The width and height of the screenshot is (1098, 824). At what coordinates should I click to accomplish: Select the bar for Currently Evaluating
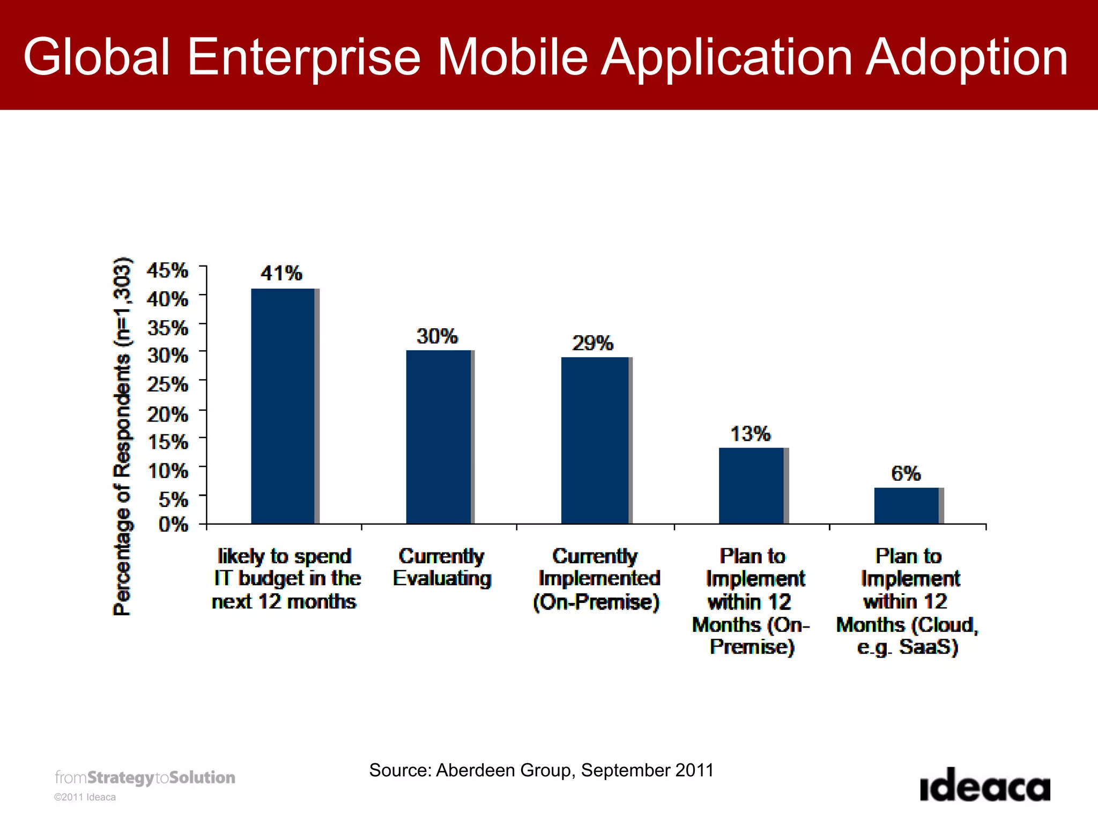(x=439, y=437)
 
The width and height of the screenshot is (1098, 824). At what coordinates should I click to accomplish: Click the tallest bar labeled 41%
(x=283, y=406)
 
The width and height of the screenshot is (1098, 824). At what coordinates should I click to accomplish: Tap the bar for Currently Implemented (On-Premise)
(x=595, y=440)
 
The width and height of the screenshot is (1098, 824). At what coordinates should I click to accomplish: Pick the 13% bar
(x=751, y=485)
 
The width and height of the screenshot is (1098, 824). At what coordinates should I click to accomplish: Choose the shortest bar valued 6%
(x=907, y=505)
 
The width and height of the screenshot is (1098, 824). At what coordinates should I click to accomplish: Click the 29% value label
(x=592, y=343)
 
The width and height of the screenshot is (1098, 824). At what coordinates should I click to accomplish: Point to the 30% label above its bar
(x=437, y=337)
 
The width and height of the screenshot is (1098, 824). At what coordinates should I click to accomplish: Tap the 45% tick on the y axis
(x=168, y=270)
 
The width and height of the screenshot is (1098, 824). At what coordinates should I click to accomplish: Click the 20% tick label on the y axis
(x=168, y=414)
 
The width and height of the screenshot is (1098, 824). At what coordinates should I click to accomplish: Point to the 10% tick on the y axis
(x=168, y=471)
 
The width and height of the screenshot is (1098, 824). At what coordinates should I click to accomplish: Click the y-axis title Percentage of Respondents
(x=122, y=436)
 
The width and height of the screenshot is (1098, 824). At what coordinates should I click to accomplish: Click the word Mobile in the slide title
(x=513, y=57)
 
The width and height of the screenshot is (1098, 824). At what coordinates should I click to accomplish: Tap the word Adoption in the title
(x=967, y=57)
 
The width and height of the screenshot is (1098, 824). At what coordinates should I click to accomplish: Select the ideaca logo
(x=985, y=785)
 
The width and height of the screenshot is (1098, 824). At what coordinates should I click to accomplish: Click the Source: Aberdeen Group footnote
(x=541, y=770)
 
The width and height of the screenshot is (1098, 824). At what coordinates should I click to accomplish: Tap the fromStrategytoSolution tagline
(x=145, y=777)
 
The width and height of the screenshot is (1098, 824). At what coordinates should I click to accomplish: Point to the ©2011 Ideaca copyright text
(x=85, y=797)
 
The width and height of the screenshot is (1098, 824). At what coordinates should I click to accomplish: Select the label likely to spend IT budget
(x=285, y=579)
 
